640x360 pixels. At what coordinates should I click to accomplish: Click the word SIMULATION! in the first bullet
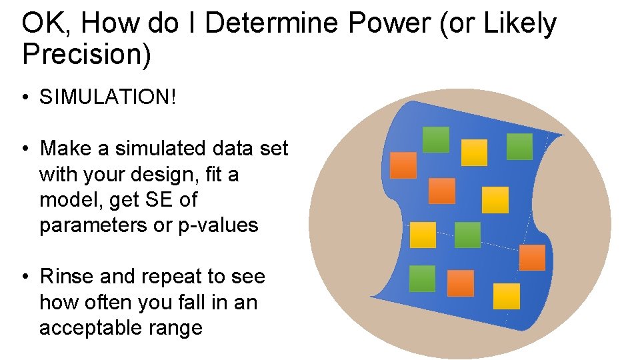109,97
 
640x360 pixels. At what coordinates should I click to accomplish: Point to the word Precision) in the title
87,55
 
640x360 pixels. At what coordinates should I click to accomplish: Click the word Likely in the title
519,25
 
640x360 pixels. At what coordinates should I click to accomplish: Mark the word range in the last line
175,328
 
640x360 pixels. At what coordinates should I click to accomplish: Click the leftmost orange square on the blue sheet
403,165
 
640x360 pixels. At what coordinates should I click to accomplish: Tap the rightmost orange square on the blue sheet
532,257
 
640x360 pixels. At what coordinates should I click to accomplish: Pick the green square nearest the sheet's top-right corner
519,147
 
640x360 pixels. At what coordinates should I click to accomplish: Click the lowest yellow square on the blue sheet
507,296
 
